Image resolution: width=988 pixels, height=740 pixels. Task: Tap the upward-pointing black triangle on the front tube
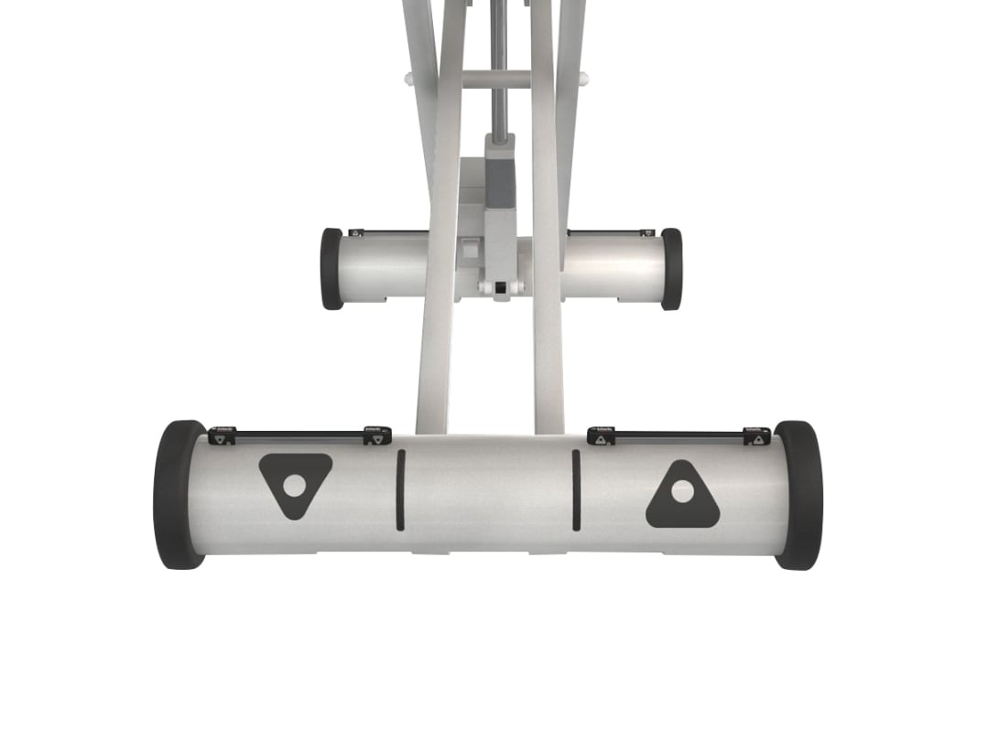point(682,498)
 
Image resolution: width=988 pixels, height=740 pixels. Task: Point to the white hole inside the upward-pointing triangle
point(682,491)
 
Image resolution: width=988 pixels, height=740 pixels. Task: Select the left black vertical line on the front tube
point(400,489)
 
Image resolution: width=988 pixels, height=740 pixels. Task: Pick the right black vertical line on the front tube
point(576,489)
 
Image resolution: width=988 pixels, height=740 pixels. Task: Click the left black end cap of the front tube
point(176,494)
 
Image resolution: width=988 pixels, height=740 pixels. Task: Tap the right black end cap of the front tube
point(798,494)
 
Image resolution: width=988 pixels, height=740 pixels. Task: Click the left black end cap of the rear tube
point(331,268)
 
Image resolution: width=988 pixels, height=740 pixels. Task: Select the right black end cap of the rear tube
point(672,268)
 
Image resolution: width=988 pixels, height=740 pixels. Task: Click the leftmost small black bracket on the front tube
point(222,436)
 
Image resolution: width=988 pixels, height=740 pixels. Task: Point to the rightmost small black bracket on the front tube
point(756,436)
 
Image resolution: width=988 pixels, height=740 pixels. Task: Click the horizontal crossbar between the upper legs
point(495,80)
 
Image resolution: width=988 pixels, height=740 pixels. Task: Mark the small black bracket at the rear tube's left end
point(357,233)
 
